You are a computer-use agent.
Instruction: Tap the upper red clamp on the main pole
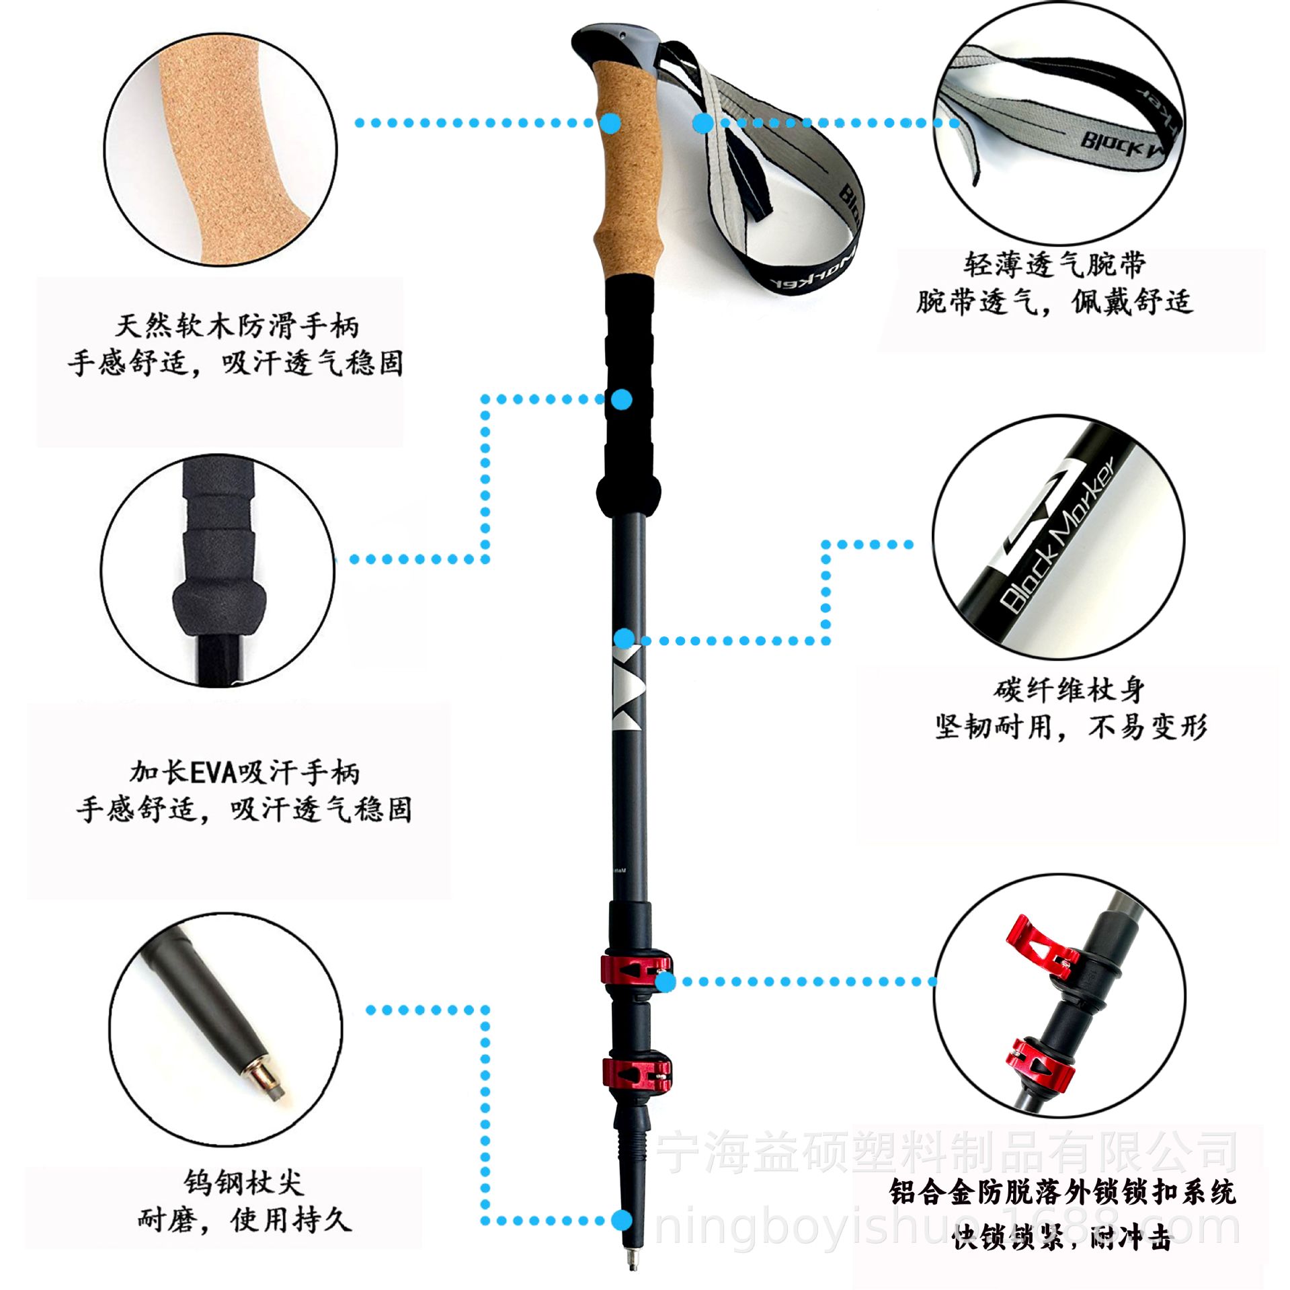point(636,969)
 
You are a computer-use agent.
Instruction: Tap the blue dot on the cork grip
point(610,122)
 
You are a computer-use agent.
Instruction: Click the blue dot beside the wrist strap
point(703,123)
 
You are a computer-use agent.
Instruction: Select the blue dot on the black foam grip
point(623,399)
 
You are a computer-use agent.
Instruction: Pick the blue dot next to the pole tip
point(622,1220)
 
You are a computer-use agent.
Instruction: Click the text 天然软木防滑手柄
point(237,327)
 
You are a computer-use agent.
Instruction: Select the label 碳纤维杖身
point(1070,690)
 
